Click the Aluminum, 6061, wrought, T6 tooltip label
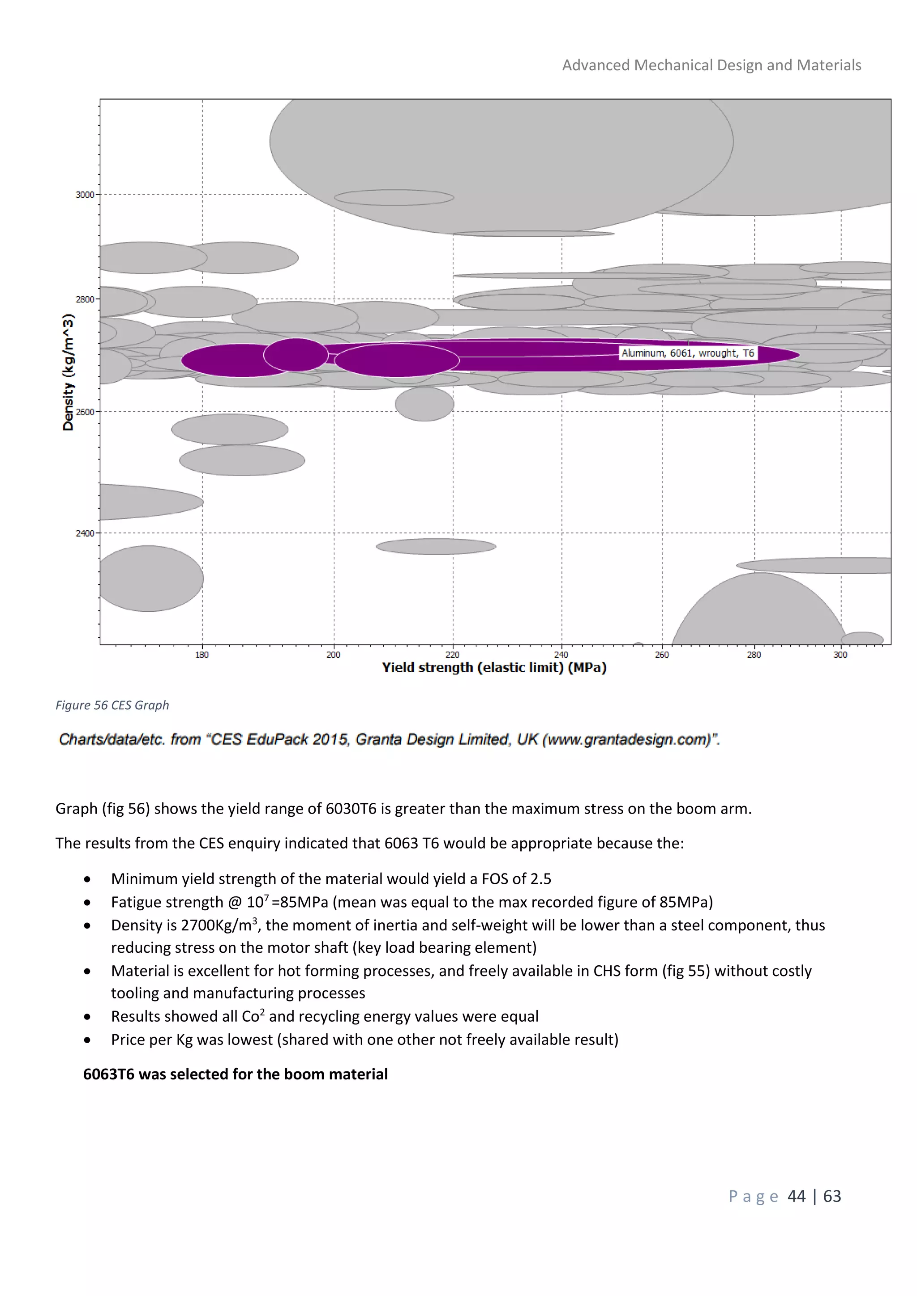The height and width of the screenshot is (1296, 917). tap(687, 354)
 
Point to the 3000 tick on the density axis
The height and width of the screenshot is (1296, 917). tap(85, 195)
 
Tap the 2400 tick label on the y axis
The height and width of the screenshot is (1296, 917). tap(85, 533)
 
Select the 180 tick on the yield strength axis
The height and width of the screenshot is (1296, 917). tap(202, 655)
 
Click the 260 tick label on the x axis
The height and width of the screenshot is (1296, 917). tap(662, 655)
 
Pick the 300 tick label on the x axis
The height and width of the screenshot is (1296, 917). tap(840, 655)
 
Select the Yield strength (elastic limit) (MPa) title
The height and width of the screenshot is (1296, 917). tap(494, 668)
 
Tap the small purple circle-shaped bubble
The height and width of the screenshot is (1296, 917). tap(296, 355)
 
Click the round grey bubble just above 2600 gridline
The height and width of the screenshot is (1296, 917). tap(424, 404)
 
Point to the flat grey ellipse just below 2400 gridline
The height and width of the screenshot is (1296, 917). tap(436, 546)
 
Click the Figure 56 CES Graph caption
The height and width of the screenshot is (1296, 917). tap(112, 705)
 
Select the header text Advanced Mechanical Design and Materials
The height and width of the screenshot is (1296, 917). tap(711, 65)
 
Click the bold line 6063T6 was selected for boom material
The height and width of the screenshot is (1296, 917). tap(236, 1074)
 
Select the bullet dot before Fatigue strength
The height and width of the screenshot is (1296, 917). tap(87, 903)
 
